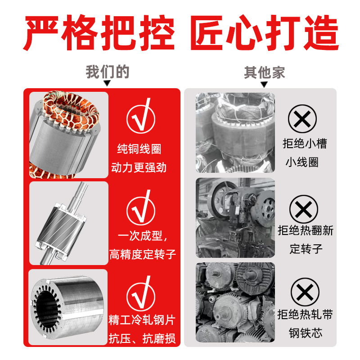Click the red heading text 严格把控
click(99, 32)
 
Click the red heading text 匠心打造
click(265, 32)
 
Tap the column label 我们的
click(108, 72)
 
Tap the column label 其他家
click(264, 72)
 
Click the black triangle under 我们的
click(107, 83)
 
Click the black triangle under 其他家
click(264, 85)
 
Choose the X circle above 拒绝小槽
click(302, 119)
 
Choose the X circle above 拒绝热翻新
click(304, 209)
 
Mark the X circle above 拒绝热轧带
click(305, 292)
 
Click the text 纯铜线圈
click(139, 149)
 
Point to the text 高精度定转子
click(143, 254)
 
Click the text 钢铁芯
click(306, 333)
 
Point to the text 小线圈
click(302, 162)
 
